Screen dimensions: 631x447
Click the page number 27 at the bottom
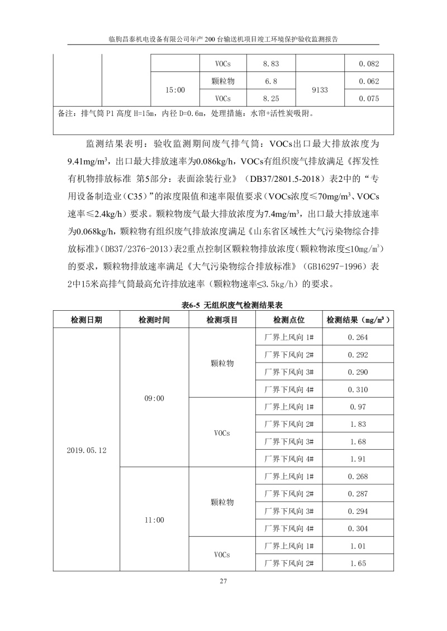(x=223, y=581)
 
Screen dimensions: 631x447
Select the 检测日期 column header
(x=87, y=320)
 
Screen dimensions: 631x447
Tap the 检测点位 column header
(x=289, y=320)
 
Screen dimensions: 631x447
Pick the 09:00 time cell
(x=154, y=398)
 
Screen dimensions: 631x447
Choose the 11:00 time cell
(x=154, y=520)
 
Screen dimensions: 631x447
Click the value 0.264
(x=358, y=337)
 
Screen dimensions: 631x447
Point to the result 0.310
(x=358, y=389)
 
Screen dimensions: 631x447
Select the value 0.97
(x=358, y=407)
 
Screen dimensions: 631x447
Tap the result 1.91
(x=358, y=459)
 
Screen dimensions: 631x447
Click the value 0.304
(x=358, y=528)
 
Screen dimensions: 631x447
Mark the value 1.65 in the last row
(x=358, y=563)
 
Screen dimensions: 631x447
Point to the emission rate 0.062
(x=369, y=81)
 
